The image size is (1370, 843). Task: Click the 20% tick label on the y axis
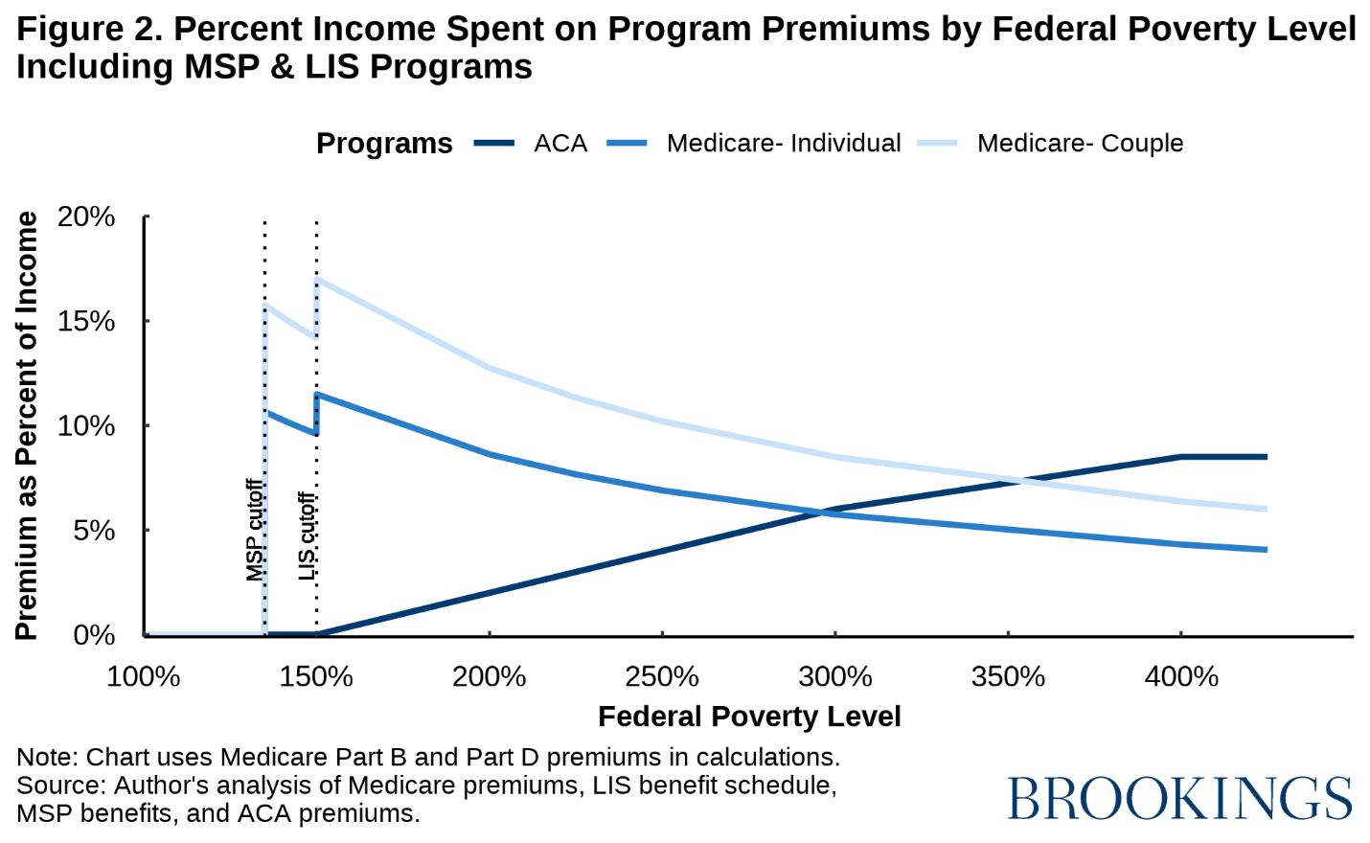[86, 217]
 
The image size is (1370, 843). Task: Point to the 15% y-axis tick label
[86, 322]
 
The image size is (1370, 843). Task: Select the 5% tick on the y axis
[94, 531]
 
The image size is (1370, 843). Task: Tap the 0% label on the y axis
[94, 635]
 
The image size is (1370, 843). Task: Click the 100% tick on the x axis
[144, 677]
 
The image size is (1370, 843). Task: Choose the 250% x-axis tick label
[662, 677]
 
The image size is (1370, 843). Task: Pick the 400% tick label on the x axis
[1181, 677]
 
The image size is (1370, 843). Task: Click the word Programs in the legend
[384, 144]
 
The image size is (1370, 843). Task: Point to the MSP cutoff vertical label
[254, 530]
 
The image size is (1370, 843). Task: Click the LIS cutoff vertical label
[307, 535]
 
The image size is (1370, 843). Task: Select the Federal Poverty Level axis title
[749, 717]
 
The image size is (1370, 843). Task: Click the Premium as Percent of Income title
[27, 425]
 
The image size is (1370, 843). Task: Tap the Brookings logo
[1179, 798]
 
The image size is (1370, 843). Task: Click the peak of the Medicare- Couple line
[317, 279]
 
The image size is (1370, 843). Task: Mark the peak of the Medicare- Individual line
[317, 394]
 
